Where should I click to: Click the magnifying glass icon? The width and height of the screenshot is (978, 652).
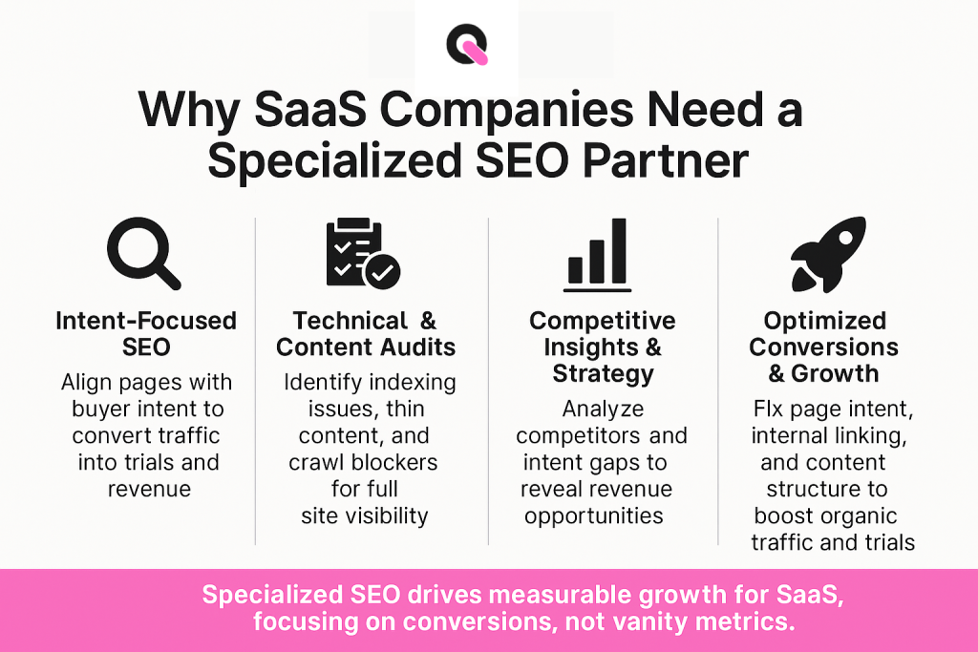pos(144,252)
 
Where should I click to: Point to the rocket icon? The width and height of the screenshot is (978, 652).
pos(828,253)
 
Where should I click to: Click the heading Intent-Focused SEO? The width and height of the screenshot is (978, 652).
pos(145,334)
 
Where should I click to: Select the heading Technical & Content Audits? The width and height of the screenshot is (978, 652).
pos(366,334)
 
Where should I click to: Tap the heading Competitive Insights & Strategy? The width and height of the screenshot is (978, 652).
pos(602,347)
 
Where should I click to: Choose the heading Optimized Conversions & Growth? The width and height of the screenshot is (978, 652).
pos(824,347)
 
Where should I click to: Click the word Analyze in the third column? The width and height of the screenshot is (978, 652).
pos(603,409)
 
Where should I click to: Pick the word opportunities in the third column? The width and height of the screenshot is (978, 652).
pos(593,515)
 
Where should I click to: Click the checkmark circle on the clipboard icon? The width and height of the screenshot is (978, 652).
pos(384,272)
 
